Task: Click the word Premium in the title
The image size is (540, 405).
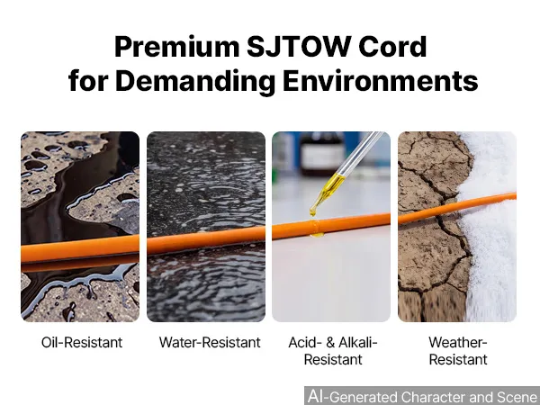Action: pos(177,48)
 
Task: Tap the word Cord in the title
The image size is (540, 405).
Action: pos(392,46)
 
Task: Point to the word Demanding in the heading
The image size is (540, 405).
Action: pos(195,81)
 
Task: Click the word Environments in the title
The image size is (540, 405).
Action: pos(380,80)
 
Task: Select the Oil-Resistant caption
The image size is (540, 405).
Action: pos(82,342)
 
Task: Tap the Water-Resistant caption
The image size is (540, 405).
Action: pos(210,342)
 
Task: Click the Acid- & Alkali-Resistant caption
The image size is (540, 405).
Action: pos(333,351)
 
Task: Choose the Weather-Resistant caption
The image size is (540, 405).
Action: pos(458,351)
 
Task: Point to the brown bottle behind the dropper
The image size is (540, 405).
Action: pos(322,153)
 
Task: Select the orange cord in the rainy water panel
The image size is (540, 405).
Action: pos(206,240)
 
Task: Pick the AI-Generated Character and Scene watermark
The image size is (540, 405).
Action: pos(423,396)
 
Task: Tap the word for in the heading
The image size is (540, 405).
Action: pos(88,80)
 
